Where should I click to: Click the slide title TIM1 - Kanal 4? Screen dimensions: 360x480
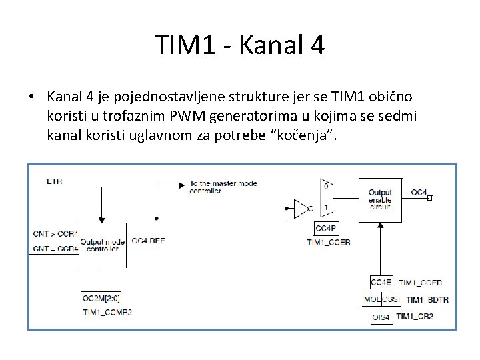point(240,45)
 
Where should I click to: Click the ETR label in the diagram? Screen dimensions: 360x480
point(54,181)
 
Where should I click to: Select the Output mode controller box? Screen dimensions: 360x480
point(102,245)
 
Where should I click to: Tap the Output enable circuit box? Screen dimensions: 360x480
point(380,199)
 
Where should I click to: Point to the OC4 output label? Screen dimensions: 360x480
point(419,192)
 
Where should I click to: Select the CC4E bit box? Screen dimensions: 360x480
point(382,283)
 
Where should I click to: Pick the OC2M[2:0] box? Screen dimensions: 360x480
point(101,298)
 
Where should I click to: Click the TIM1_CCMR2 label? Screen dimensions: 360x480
point(107,311)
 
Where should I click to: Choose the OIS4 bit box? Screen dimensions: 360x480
point(381,316)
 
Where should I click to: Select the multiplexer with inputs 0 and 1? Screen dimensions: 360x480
point(326,197)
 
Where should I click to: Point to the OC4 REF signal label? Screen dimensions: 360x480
point(148,241)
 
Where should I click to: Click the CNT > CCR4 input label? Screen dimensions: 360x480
point(55,234)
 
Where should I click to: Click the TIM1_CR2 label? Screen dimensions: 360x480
point(415,316)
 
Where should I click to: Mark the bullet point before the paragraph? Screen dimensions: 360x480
point(31,97)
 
